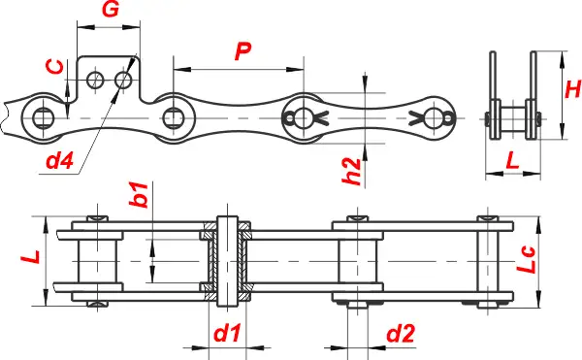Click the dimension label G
[111, 10]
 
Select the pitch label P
[243, 50]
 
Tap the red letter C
[55, 66]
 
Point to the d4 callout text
[59, 160]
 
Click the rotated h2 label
[351, 171]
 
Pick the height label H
[572, 89]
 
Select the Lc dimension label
[527, 260]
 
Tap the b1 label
[139, 194]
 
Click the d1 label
[227, 333]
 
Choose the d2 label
[401, 333]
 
